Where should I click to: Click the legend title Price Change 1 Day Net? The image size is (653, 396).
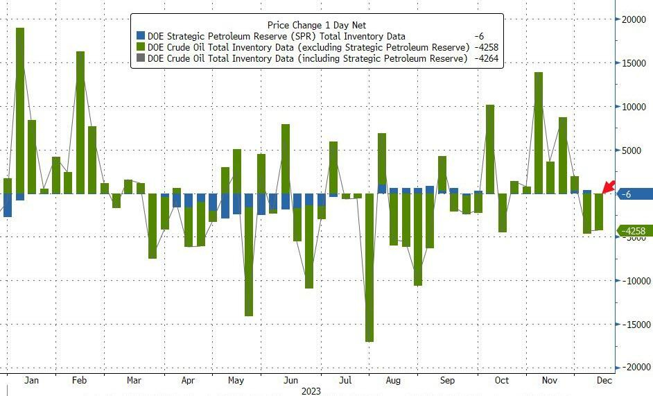[x=316, y=25]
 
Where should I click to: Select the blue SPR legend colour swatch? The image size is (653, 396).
[x=141, y=36]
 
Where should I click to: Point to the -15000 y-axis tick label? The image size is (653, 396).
[x=634, y=325]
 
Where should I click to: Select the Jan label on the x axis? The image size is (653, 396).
[x=30, y=380]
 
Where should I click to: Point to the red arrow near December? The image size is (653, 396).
[x=609, y=186]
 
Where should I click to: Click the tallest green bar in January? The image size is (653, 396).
[x=20, y=111]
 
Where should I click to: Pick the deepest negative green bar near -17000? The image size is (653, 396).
[x=369, y=267]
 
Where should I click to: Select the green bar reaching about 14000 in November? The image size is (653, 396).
[x=539, y=132]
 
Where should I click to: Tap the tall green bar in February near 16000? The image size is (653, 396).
[x=80, y=122]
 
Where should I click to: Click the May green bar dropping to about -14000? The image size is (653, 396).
[x=249, y=255]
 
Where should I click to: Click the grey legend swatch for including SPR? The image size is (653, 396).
[x=141, y=59]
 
